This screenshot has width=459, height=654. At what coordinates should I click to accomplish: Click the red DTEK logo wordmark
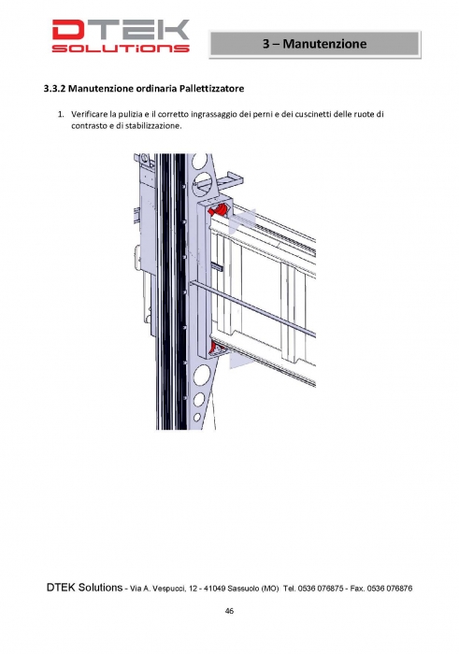pyautogui.click(x=121, y=30)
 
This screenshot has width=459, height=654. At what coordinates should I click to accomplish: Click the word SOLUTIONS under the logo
pyautogui.click(x=121, y=48)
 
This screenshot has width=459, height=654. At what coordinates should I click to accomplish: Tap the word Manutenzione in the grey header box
pyautogui.click(x=324, y=44)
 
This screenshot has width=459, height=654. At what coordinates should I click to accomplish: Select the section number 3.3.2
pyautogui.click(x=54, y=89)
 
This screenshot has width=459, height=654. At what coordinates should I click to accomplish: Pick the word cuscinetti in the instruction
pyautogui.click(x=313, y=114)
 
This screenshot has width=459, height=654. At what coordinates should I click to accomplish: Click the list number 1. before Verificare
pyautogui.click(x=61, y=114)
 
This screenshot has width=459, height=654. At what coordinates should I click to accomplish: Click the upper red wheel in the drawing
pyautogui.click(x=219, y=209)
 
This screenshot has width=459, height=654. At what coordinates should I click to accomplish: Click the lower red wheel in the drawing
pyautogui.click(x=217, y=348)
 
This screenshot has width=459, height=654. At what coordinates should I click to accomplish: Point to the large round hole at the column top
pyautogui.click(x=200, y=162)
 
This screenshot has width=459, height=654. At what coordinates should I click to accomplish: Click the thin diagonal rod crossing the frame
pyautogui.click(x=252, y=309)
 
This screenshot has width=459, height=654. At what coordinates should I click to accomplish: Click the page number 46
pyautogui.click(x=229, y=611)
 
